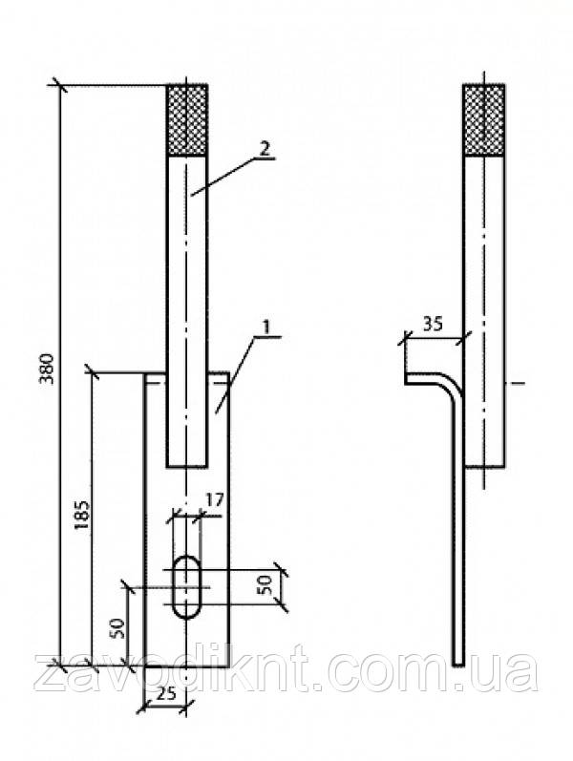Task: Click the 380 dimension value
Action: coord(48,370)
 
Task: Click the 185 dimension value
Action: coord(82,515)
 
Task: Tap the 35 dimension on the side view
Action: coord(433,325)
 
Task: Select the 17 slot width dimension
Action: coord(214,499)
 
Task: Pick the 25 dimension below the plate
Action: coord(166,694)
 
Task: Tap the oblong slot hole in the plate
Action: coord(186,587)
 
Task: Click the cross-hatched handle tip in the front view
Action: coord(187,120)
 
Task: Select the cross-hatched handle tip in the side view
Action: coord(483,120)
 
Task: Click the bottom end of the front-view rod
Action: coord(187,467)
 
